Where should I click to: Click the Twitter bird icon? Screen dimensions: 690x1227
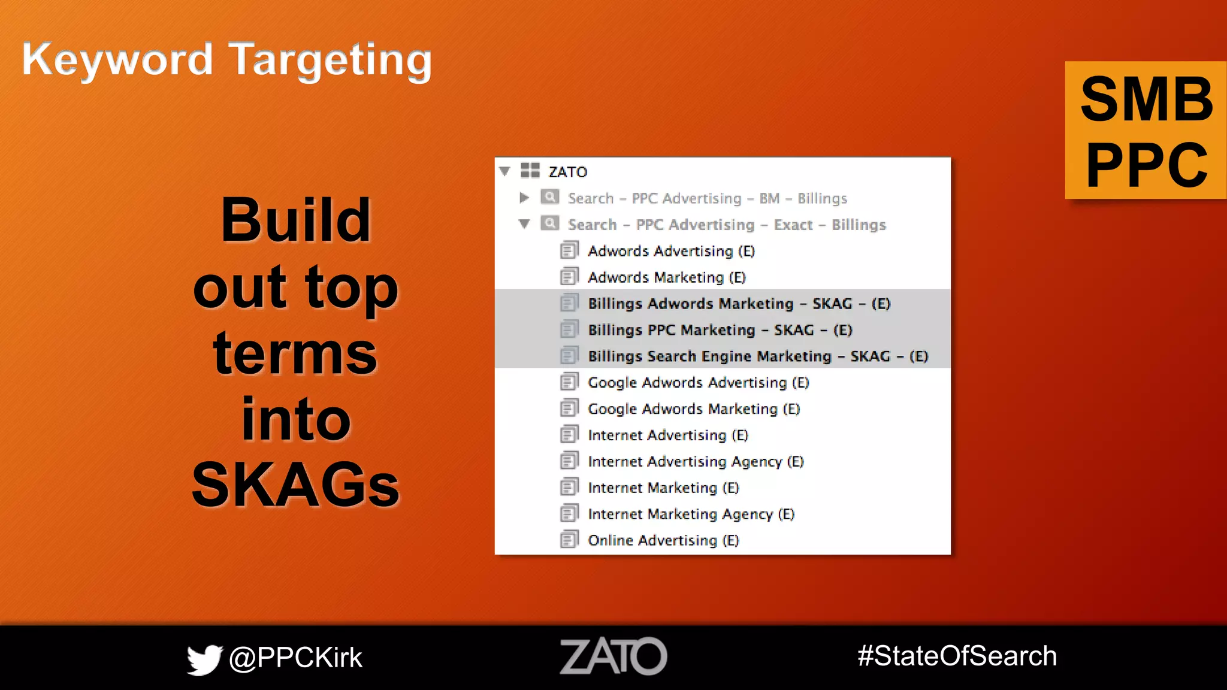pyautogui.click(x=204, y=659)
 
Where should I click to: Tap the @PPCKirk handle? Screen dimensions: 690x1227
pyautogui.click(x=295, y=658)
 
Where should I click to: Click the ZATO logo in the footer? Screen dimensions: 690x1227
pyautogui.click(x=613, y=656)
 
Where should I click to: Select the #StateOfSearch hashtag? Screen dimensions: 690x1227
pyautogui.click(x=957, y=656)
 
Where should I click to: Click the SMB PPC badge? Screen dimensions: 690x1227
pyautogui.click(x=1146, y=131)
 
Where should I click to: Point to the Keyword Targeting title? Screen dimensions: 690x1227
pyautogui.click(x=226, y=60)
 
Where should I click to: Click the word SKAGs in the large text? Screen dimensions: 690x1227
pyautogui.click(x=295, y=485)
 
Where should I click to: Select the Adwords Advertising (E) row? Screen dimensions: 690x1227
pyautogui.click(x=671, y=251)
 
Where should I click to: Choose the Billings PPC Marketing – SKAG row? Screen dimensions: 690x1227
pyautogui.click(x=720, y=330)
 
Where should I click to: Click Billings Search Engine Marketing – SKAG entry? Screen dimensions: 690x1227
pyautogui.click(x=757, y=356)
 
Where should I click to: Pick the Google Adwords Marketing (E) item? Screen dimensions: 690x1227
pyautogui.click(x=693, y=409)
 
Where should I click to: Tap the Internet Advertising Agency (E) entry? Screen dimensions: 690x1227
pyautogui.click(x=695, y=462)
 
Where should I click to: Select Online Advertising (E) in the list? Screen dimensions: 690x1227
pyautogui.click(x=663, y=540)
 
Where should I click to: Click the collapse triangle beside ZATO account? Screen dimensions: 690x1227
pyautogui.click(x=505, y=171)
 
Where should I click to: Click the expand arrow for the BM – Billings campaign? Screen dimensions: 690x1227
pyautogui.click(x=524, y=198)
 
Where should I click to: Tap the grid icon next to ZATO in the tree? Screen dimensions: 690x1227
pyautogui.click(x=530, y=171)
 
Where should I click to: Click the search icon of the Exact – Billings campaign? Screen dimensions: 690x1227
pyautogui.click(x=549, y=223)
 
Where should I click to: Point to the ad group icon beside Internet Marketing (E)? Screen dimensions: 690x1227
pyautogui.click(x=569, y=488)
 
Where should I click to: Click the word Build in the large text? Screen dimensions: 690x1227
pyautogui.click(x=295, y=220)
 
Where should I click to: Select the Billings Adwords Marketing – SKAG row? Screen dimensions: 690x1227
pyautogui.click(x=739, y=304)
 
